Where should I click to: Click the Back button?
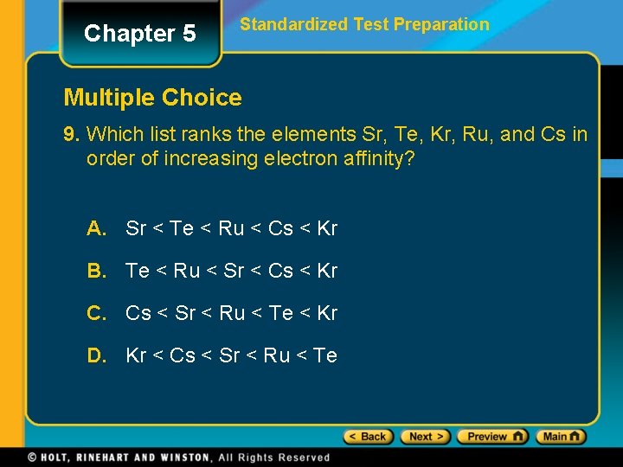point(369,437)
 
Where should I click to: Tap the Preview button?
point(491,437)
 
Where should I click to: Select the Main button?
point(560,437)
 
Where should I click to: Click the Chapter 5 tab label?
point(139,34)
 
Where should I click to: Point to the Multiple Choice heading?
point(152,98)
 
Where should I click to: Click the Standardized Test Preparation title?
point(364,25)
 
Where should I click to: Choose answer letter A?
point(96,228)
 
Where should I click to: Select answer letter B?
point(96,271)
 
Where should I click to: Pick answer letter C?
point(96,313)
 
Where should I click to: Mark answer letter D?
point(96,355)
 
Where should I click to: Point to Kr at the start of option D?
point(136,355)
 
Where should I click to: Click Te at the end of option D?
point(325,355)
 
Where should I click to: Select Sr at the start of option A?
point(136,228)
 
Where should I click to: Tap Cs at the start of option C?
point(138,313)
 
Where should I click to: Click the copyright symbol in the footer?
point(32,457)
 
